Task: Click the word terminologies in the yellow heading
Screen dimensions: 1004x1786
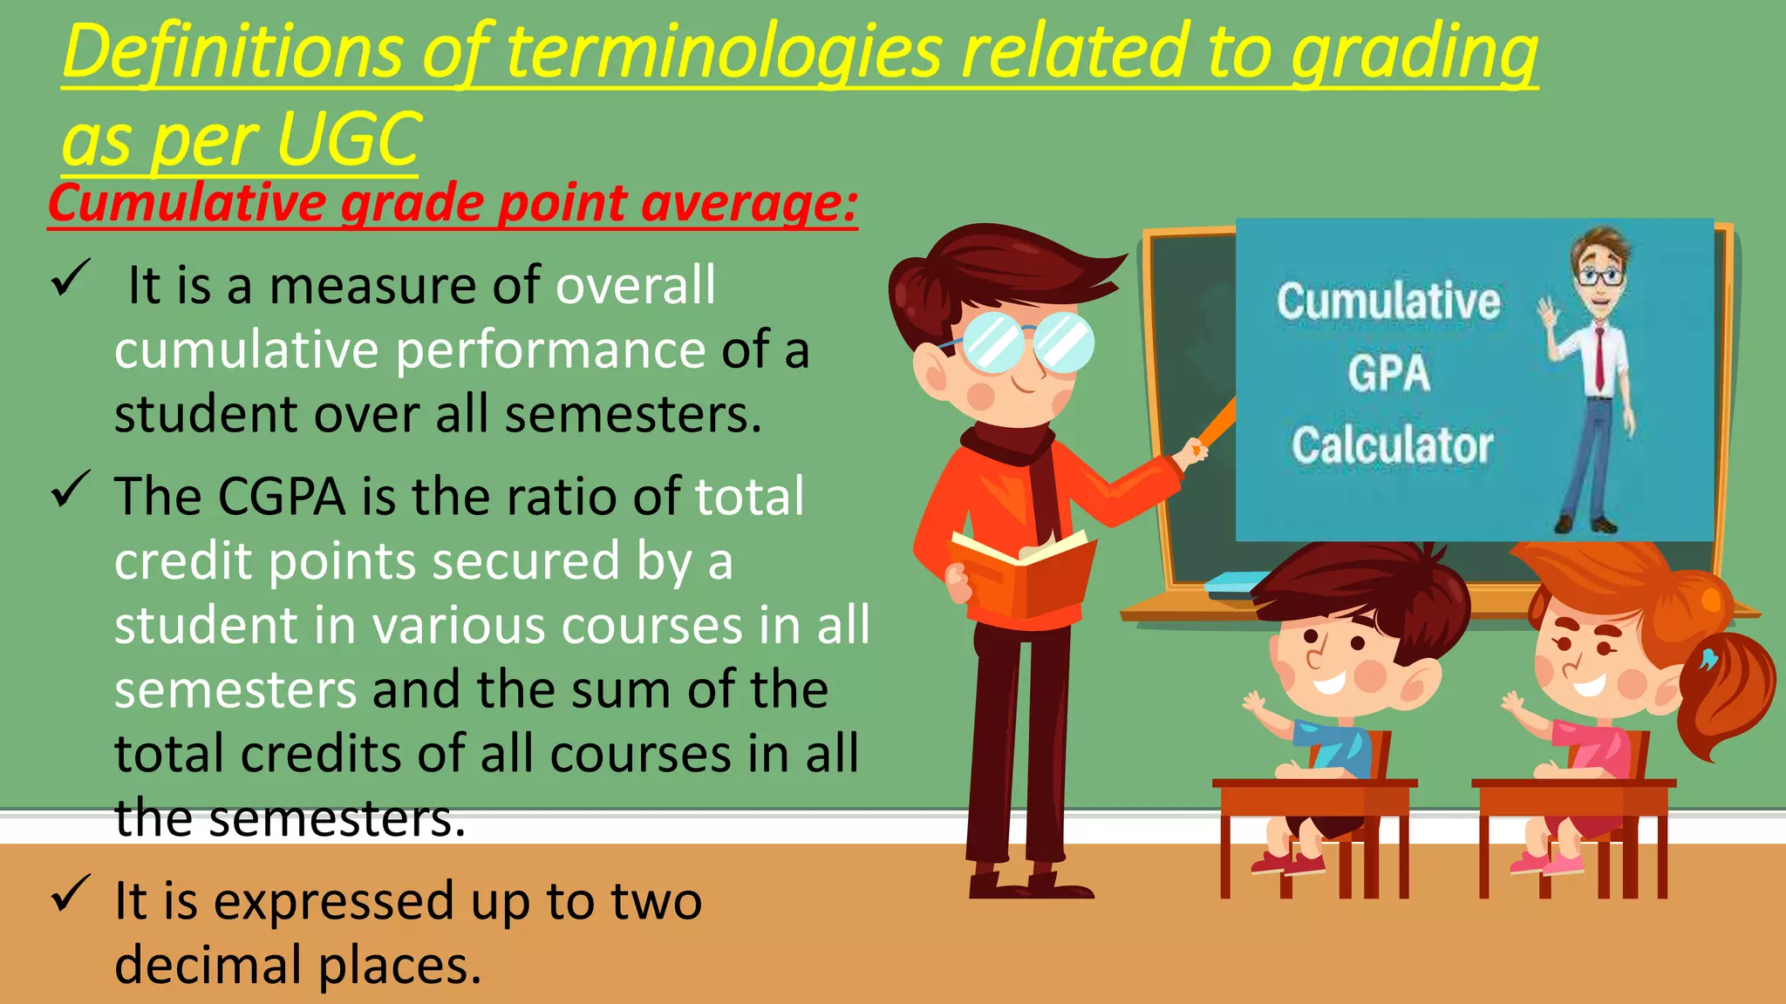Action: tap(725, 52)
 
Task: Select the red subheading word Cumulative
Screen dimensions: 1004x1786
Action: tap(186, 204)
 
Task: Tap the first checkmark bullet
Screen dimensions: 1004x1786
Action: tap(69, 279)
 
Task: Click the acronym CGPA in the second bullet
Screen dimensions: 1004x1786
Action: tap(281, 497)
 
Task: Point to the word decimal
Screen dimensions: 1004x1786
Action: tap(208, 966)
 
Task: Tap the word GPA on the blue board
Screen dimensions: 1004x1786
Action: tap(1388, 373)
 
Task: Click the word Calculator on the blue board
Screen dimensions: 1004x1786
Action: tap(1392, 445)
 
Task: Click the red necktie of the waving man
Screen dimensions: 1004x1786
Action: tap(1599, 357)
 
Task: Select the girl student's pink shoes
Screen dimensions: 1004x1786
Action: tap(1547, 863)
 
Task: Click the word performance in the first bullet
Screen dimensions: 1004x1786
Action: tap(550, 350)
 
